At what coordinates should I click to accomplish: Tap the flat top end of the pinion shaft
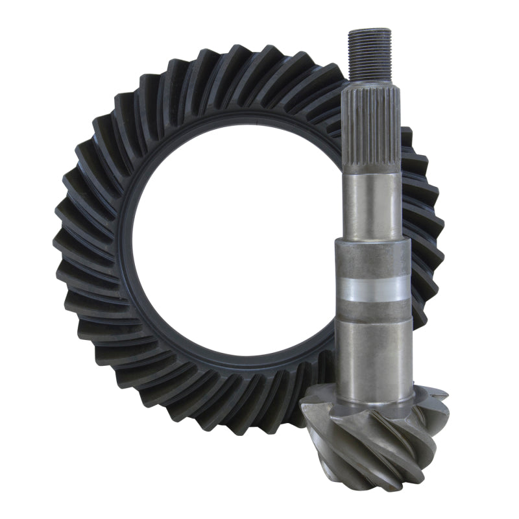pyautogui.click(x=369, y=30)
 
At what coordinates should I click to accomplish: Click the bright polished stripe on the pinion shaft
pyautogui.click(x=372, y=288)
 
